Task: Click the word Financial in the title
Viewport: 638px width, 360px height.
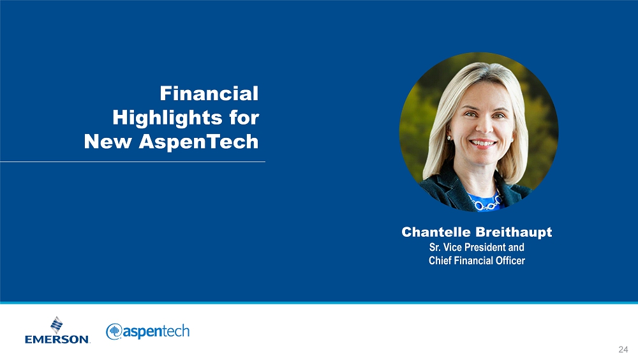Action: coord(209,93)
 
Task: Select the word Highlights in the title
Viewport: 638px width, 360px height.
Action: coord(167,118)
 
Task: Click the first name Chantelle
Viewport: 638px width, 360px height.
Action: coord(436,232)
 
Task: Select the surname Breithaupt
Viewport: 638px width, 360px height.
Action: coord(514,232)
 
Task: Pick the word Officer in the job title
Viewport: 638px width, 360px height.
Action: coord(510,260)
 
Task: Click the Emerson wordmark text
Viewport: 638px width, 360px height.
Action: coord(57,339)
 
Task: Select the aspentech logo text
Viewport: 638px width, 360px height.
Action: coord(156,332)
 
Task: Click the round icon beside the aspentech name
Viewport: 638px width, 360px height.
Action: coord(114,331)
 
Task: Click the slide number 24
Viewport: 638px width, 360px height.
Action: coord(623,349)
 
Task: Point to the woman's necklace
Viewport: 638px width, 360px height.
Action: coord(486,202)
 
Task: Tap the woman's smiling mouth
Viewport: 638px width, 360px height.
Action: coord(483,144)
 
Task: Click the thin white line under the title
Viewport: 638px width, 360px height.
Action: coord(133,161)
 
